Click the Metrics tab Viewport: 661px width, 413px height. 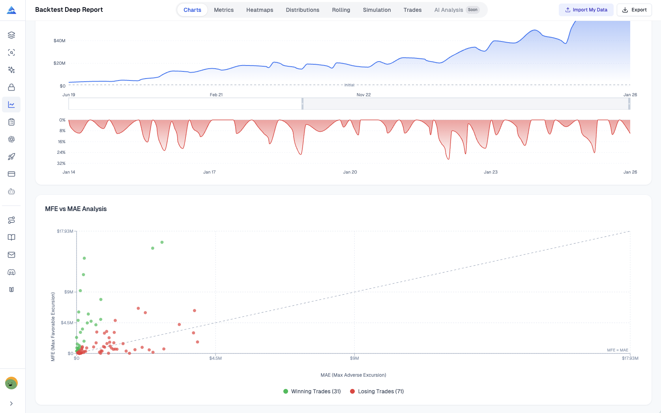coord(224,10)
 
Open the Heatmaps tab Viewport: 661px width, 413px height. coord(260,10)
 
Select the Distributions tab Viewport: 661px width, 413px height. coord(302,10)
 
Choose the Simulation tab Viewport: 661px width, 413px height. coord(377,10)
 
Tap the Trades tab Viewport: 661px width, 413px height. coord(412,10)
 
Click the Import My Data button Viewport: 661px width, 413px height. coord(586,10)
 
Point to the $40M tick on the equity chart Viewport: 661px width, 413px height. coord(60,41)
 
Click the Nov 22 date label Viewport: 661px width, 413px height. coord(363,95)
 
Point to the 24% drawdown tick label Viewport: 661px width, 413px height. coord(61,152)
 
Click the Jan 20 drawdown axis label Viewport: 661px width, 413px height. coord(350,172)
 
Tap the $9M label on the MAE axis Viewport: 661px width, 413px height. coord(354,358)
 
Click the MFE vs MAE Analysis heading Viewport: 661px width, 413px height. coord(76,209)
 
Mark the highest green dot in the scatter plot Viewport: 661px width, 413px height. coord(162,242)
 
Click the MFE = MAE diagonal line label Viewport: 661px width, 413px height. coord(617,350)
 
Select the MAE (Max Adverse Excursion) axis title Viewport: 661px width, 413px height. coord(353,375)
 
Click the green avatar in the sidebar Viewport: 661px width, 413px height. coord(11,383)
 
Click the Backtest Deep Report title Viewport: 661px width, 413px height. coord(69,10)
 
